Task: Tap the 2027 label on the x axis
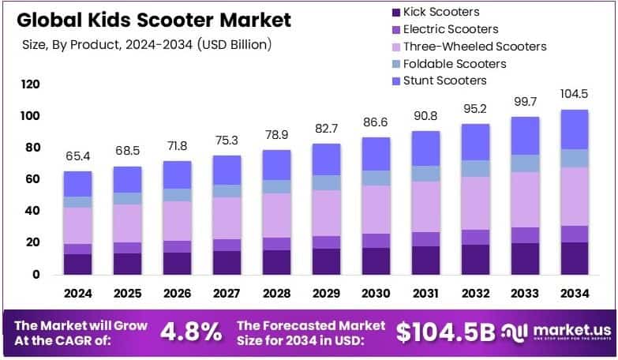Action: tap(227, 294)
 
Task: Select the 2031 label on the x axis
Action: tap(426, 294)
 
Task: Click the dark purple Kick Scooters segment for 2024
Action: tap(78, 264)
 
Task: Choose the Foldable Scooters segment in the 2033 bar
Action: tap(525, 163)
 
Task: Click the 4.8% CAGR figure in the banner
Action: tap(190, 332)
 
